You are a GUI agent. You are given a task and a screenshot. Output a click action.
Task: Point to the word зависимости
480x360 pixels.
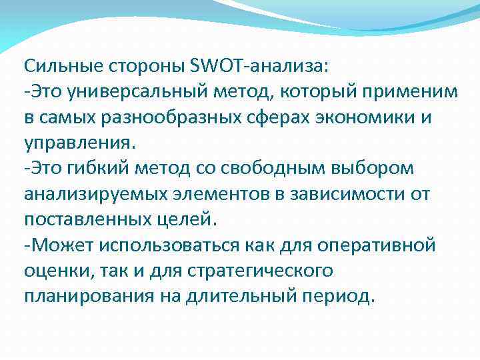pos(346,195)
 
